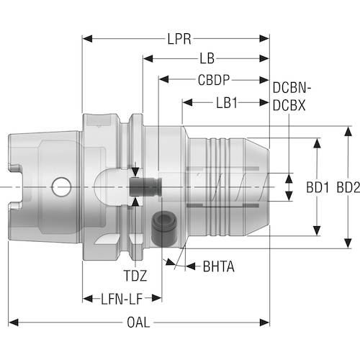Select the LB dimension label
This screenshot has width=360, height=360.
tap(206, 57)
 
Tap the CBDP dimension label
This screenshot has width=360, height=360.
tap(214, 79)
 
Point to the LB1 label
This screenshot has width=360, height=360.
tap(226, 102)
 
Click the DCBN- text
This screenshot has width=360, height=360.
tap(292, 89)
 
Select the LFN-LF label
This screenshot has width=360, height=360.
tap(122, 297)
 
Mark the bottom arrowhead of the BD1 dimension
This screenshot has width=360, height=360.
tap(316, 233)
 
